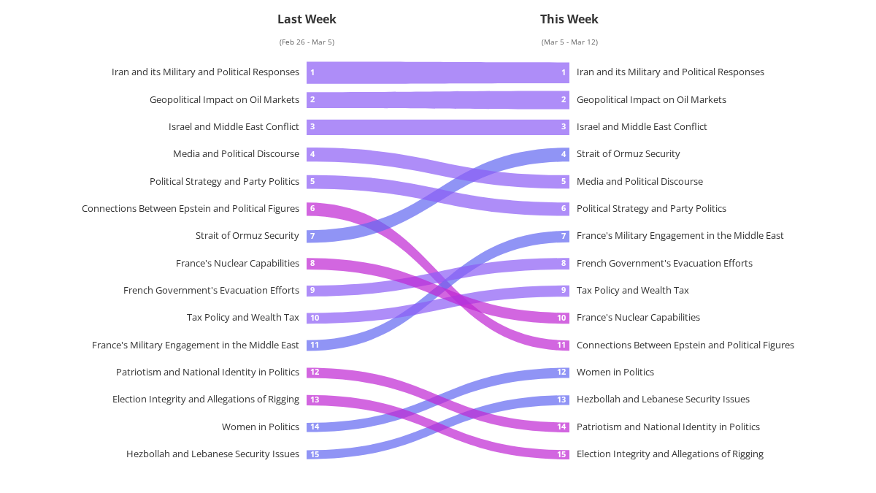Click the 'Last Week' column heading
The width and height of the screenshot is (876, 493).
(x=307, y=19)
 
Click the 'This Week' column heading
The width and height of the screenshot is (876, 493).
(x=569, y=19)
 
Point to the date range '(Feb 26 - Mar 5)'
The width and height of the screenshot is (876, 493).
(x=307, y=42)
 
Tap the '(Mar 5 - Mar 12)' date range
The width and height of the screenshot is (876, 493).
(x=569, y=42)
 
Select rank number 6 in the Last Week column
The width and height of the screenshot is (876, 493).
(x=312, y=209)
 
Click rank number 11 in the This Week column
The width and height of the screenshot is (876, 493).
(x=562, y=345)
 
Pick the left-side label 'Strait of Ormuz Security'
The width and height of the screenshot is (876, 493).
(x=247, y=236)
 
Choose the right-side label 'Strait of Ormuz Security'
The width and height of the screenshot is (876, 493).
(x=628, y=154)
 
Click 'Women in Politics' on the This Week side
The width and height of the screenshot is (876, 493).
(x=615, y=372)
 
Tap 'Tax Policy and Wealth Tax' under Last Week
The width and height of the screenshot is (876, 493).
(x=243, y=318)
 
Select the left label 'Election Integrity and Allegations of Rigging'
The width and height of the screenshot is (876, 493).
(x=206, y=400)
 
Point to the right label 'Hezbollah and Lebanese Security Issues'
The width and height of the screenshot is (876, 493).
(x=663, y=400)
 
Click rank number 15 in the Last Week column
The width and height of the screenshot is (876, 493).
(x=315, y=454)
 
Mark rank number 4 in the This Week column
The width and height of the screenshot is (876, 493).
(x=564, y=154)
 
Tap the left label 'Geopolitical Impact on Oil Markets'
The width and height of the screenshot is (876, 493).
(x=224, y=100)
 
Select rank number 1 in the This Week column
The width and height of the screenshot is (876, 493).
(x=564, y=72)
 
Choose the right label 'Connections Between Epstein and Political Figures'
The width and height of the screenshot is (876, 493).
(x=685, y=345)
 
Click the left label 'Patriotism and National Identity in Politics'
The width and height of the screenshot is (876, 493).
(x=207, y=372)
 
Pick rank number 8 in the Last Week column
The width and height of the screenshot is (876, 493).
(x=312, y=264)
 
